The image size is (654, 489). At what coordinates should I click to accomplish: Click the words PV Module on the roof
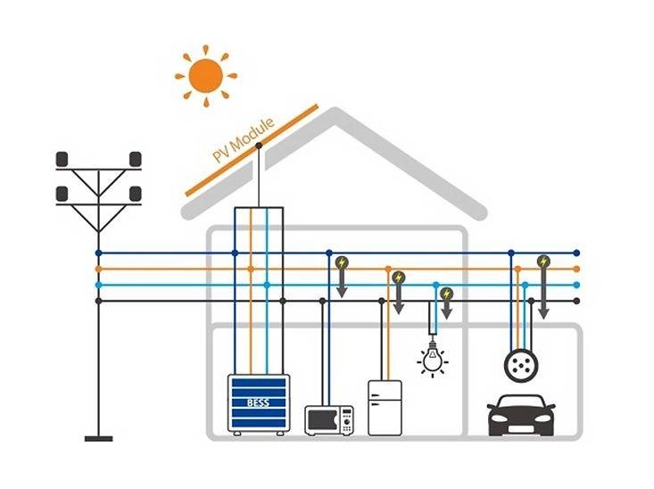(x=244, y=140)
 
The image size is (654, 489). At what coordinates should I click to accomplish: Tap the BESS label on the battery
(x=258, y=402)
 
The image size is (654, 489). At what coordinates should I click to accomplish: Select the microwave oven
(x=328, y=420)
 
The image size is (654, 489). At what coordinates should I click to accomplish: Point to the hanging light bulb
(x=432, y=358)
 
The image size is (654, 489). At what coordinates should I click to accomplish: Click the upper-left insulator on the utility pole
(x=63, y=159)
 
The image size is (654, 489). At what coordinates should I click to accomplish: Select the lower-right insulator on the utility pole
(x=136, y=194)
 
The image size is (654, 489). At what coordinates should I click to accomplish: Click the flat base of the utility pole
(x=98, y=438)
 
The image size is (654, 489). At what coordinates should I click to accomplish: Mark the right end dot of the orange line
(x=576, y=269)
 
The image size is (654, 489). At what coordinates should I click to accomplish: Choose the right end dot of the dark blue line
(x=576, y=253)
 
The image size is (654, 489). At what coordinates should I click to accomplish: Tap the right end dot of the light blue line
(x=576, y=285)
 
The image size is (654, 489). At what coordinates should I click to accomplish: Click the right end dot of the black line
(x=576, y=301)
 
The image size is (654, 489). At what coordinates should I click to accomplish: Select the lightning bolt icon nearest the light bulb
(x=447, y=293)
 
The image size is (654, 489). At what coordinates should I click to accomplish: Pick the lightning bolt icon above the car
(x=543, y=261)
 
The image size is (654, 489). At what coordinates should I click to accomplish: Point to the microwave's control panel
(x=346, y=420)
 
